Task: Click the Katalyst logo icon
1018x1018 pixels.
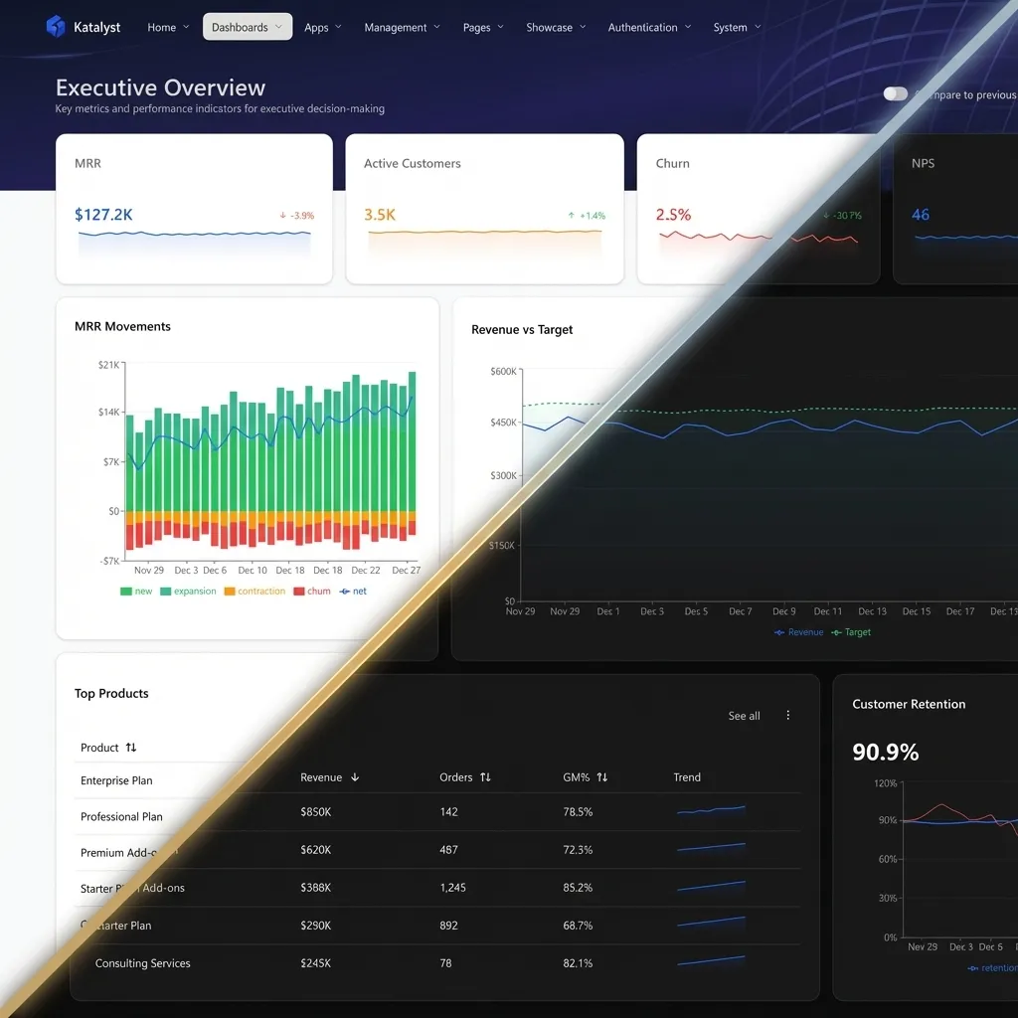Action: coord(56,27)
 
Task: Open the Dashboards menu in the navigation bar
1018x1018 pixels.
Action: coord(247,27)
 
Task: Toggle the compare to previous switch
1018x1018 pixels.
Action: coord(896,93)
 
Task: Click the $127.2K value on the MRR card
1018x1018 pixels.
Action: coord(103,214)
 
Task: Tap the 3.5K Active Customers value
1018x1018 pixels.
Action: coord(380,214)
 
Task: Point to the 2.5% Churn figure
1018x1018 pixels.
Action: coord(673,214)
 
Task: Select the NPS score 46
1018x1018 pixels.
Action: coord(921,214)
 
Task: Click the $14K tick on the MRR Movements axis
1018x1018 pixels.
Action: coord(107,412)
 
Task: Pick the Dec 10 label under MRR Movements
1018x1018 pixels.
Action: coord(253,570)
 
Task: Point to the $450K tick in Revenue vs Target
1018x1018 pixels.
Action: coord(502,423)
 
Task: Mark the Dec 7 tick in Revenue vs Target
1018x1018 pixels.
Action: coord(740,611)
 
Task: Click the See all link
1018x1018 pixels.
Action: coord(744,716)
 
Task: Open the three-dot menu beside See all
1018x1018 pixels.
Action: coord(788,716)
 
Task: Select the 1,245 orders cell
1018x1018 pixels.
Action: coord(452,887)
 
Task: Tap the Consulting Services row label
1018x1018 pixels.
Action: coord(142,962)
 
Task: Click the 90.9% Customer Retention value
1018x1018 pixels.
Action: coord(885,752)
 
